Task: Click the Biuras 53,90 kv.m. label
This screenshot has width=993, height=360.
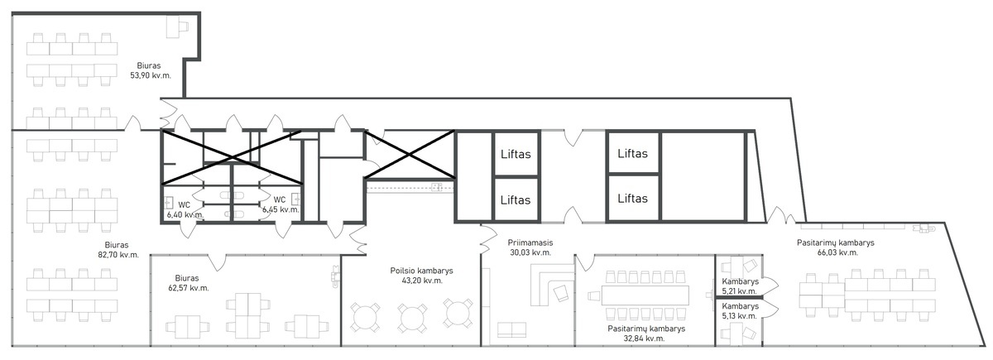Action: tap(151, 70)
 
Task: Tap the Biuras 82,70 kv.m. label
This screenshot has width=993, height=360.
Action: tap(118, 250)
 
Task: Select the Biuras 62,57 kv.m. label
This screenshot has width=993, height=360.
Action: tap(189, 283)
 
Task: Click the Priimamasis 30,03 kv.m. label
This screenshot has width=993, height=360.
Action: tap(530, 247)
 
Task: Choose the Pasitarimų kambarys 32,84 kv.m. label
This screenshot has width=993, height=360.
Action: tap(646, 334)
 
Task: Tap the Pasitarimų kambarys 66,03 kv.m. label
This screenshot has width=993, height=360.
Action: tap(836, 247)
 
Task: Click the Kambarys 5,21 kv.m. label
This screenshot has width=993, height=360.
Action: tap(740, 286)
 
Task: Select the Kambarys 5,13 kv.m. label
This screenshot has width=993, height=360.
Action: tap(740, 311)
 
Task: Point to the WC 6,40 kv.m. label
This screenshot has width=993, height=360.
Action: tap(185, 209)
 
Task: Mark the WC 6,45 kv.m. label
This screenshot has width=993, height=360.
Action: tap(281, 204)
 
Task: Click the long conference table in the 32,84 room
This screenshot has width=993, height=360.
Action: tap(645, 295)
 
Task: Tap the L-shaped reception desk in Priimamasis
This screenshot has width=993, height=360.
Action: tap(551, 284)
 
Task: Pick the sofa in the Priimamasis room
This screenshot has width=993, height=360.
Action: tap(511, 329)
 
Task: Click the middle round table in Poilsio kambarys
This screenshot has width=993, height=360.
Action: tap(412, 318)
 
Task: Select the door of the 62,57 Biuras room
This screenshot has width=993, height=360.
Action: tap(217, 262)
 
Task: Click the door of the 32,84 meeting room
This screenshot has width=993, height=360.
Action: tap(584, 262)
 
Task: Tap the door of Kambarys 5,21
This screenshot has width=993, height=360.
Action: tap(770, 286)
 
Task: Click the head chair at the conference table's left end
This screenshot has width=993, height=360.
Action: tap(594, 295)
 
